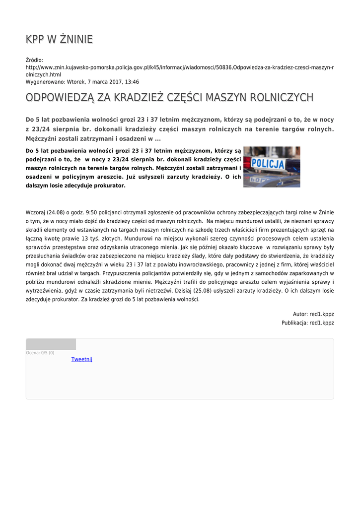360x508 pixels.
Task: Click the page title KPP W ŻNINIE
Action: click(x=59, y=39)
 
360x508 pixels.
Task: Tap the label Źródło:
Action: click(x=34, y=60)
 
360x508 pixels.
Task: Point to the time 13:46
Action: click(x=132, y=82)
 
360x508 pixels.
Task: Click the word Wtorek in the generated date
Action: click(x=77, y=82)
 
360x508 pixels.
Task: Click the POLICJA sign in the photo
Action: click(x=268, y=164)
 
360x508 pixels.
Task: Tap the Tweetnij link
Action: click(x=82, y=359)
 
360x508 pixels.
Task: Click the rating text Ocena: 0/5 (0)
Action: click(x=40, y=353)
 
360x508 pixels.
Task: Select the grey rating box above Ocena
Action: click(x=51, y=344)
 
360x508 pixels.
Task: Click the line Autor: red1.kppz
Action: click(x=313, y=314)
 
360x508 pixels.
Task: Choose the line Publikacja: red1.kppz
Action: click(x=308, y=323)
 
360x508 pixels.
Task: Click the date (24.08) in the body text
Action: click(x=56, y=212)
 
